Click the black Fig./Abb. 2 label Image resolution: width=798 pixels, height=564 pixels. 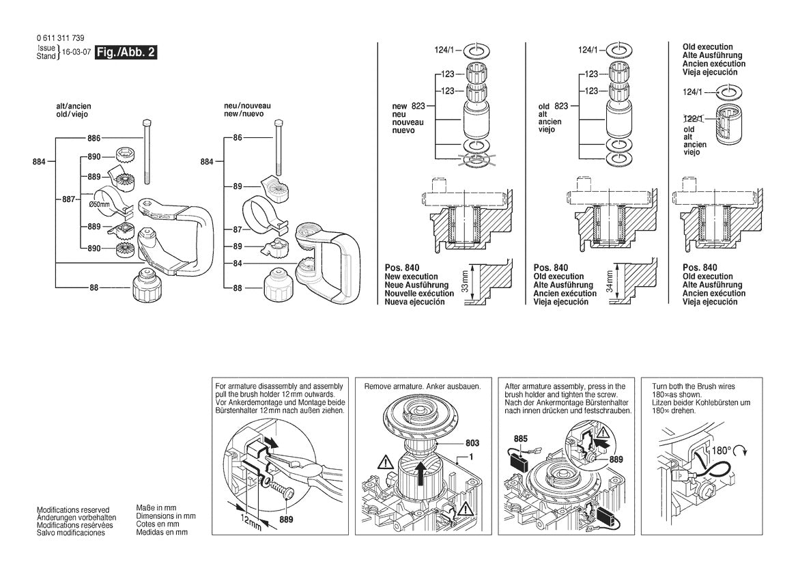pyautogui.click(x=126, y=53)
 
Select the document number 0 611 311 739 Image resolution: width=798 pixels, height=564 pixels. pyautogui.click(x=61, y=38)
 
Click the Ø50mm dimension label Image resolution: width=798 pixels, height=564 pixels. pyautogui.click(x=100, y=204)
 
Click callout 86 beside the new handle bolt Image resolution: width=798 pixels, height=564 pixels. pyautogui.click(x=238, y=138)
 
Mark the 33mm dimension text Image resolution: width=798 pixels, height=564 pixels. pyautogui.click(x=463, y=280)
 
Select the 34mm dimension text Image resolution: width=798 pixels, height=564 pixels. pyautogui.click(x=610, y=280)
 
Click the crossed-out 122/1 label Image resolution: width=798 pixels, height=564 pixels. pyautogui.click(x=693, y=117)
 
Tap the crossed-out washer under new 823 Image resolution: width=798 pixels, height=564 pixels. pyautogui.click(x=475, y=161)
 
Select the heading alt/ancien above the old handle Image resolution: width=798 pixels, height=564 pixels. pyautogui.click(x=74, y=107)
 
